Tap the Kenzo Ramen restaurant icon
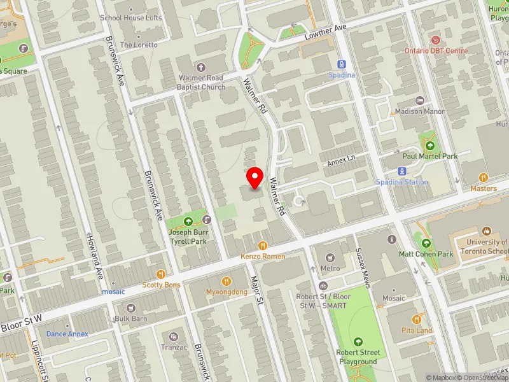pyautogui.click(x=262, y=246)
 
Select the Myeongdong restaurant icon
pyautogui.click(x=226, y=281)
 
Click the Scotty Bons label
pyautogui.click(x=161, y=285)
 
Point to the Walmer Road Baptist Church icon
pyautogui.click(x=202, y=67)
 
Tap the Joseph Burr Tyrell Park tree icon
pyautogui.click(x=188, y=222)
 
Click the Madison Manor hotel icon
pyautogui.click(x=420, y=101)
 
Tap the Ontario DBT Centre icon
pyautogui.click(x=436, y=40)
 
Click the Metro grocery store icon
pyautogui.click(x=330, y=258)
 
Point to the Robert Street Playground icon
pyautogui.click(x=358, y=342)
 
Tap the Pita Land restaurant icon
pyautogui.click(x=417, y=320)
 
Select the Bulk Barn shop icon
pyautogui.click(x=131, y=308)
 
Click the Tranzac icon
pyautogui.click(x=172, y=336)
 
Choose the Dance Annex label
pyautogui.click(x=67, y=334)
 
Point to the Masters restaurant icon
pyautogui.click(x=484, y=178)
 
